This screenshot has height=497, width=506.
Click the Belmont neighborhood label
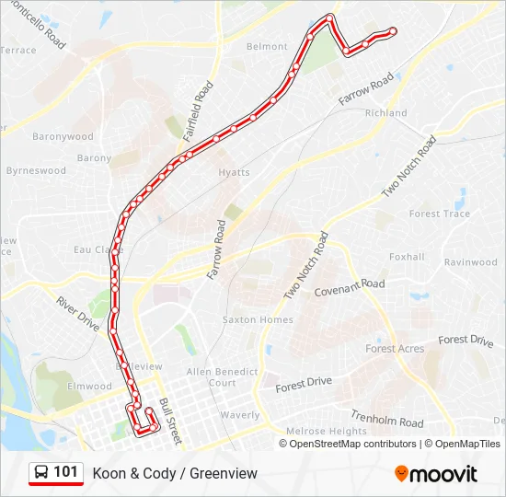pos(267,47)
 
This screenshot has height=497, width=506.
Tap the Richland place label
pos(385,113)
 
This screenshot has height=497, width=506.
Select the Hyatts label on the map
pos(234,173)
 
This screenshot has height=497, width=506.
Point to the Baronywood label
pos(63,137)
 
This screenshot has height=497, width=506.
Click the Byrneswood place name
pos(36,171)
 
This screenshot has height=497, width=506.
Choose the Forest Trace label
pos(439,214)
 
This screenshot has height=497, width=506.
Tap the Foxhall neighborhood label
pos(407,258)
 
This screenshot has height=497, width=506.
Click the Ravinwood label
pos(470,262)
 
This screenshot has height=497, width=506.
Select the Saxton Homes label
pos(258,320)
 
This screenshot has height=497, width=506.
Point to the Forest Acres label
pos(395,349)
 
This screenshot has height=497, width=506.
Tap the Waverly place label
pos(240,415)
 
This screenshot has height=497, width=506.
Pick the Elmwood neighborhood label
pos(89,387)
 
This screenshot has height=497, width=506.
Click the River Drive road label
pos(77,314)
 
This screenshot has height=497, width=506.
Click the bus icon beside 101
pos(41,473)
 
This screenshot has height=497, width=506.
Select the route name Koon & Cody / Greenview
pos(175,474)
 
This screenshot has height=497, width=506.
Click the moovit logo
pos(436,474)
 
